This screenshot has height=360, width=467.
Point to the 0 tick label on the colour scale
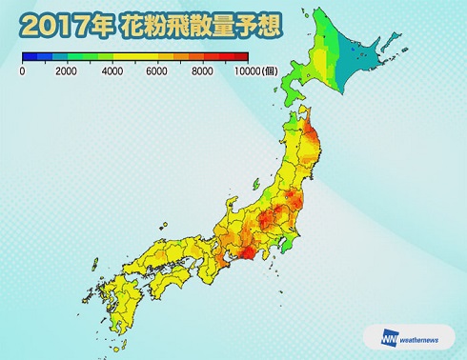[x=22, y=71]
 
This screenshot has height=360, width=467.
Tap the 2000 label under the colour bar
[x=66, y=71]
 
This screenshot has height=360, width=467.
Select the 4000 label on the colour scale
[x=112, y=71]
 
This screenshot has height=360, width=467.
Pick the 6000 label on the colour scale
[x=156, y=71]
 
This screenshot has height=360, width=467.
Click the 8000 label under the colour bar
[x=202, y=71]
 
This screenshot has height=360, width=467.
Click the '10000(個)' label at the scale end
[x=255, y=71]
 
